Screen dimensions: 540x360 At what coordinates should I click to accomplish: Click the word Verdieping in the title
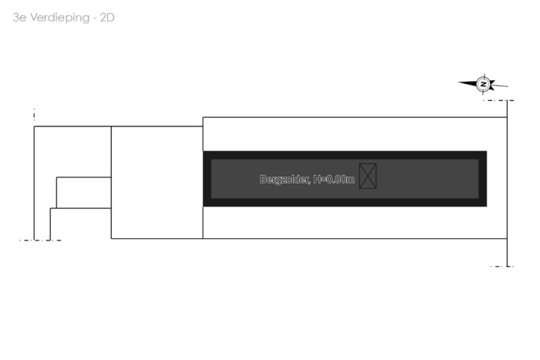point(60,18)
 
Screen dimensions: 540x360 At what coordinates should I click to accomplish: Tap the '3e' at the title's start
point(19,18)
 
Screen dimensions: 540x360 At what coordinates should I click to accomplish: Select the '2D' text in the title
point(107,18)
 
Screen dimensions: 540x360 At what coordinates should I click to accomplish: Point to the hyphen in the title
point(95,19)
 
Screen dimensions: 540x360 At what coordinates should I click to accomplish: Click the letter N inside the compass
point(484,84)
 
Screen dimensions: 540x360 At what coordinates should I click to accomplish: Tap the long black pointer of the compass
point(467,83)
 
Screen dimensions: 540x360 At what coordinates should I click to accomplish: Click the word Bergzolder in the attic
point(285,180)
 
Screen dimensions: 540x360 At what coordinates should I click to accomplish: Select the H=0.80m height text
point(334,180)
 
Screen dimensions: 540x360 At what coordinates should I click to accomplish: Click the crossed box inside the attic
point(368,177)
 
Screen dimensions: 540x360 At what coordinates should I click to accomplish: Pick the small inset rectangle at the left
point(83,193)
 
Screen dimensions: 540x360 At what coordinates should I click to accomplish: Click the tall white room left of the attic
point(157,183)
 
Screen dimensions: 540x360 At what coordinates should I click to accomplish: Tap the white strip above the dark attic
point(355,134)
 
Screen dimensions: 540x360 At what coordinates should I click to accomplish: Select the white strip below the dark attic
point(355,222)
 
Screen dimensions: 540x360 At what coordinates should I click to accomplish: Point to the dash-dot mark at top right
point(498,100)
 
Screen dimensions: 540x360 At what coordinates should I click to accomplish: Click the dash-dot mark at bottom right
point(501,267)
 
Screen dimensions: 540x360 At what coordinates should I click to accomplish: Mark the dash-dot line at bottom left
point(40,241)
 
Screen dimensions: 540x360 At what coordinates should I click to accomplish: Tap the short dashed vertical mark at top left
point(34,114)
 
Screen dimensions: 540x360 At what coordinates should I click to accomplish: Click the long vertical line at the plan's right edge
point(508,183)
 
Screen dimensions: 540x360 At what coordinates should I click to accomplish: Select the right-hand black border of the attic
point(483,179)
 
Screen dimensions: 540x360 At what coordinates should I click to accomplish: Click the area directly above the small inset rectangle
point(73,152)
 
